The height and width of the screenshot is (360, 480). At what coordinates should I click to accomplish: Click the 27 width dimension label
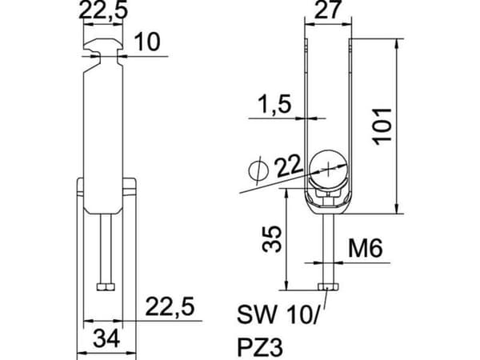click(x=327, y=9)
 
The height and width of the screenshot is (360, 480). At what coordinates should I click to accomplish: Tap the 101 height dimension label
click(x=382, y=126)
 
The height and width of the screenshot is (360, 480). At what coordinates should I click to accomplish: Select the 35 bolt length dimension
click(x=272, y=238)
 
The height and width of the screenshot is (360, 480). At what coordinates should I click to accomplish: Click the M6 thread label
click(x=366, y=248)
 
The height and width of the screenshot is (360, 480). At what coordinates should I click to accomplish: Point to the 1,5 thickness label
click(x=274, y=104)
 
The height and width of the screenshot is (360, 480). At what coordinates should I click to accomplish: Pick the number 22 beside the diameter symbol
click(x=288, y=167)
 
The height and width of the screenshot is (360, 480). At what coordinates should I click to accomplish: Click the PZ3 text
click(x=260, y=347)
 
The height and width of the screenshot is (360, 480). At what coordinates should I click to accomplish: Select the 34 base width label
click(x=106, y=338)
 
